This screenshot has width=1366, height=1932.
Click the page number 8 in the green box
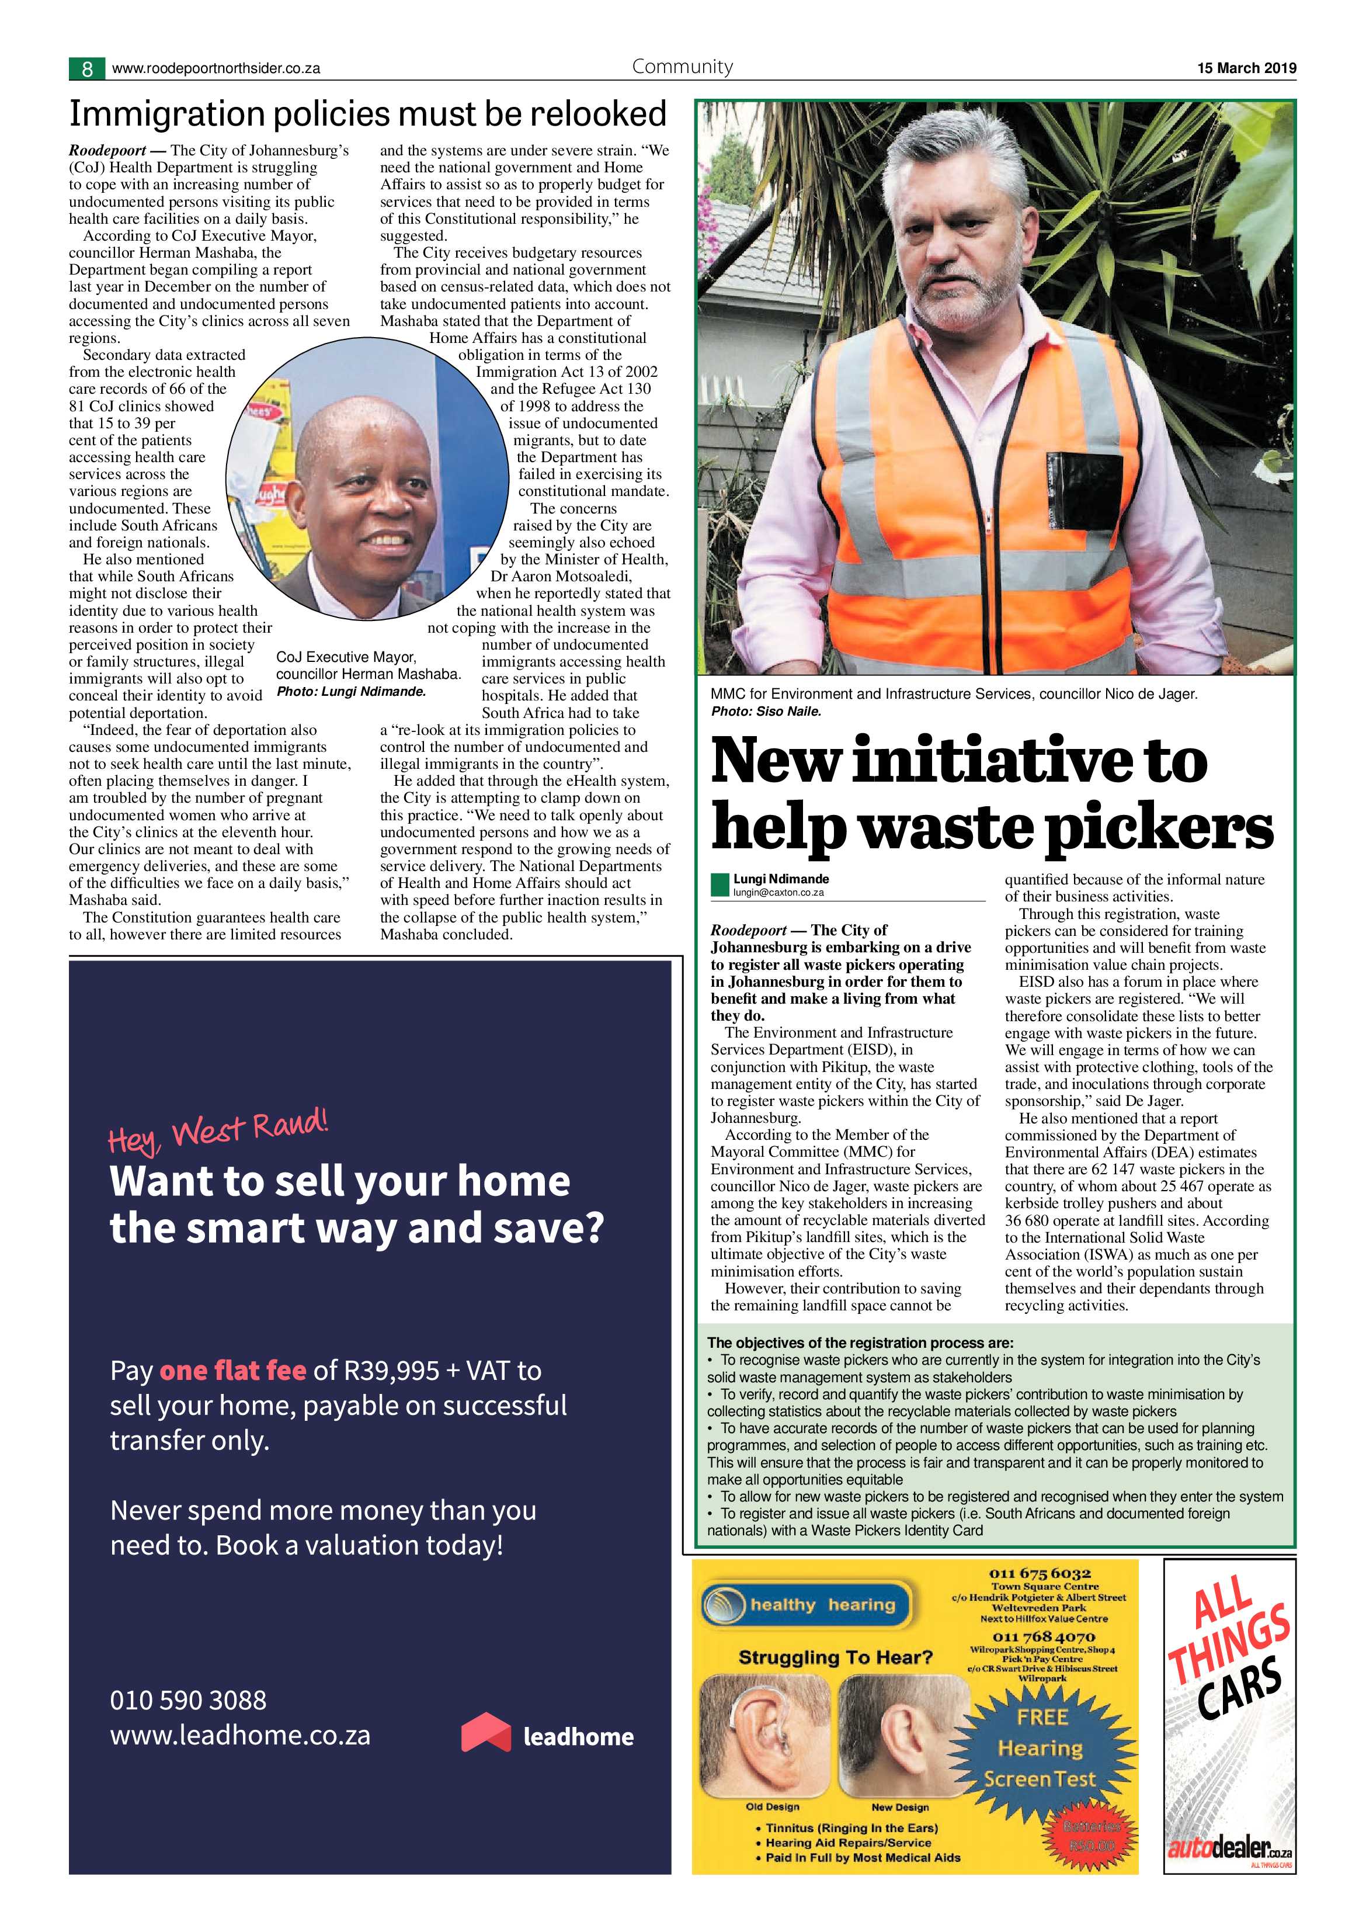tap(86, 69)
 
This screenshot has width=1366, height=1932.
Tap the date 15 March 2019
tap(1246, 68)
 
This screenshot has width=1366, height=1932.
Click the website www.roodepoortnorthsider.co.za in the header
tap(215, 69)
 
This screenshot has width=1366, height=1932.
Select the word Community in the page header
tap(682, 67)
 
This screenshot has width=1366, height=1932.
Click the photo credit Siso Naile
tap(766, 711)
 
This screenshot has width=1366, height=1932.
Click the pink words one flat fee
tap(232, 1371)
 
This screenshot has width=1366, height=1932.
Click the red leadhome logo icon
tap(486, 1733)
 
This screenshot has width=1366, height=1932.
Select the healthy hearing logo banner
tap(807, 1605)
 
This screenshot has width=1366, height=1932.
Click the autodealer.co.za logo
tap(1229, 1848)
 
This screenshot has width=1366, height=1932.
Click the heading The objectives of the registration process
tap(860, 1343)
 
